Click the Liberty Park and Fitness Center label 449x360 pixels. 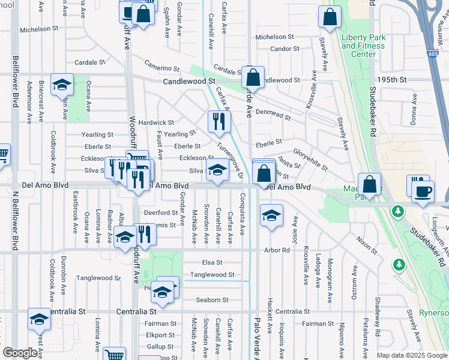click(x=363, y=46)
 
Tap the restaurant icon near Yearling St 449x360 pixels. click(x=219, y=122)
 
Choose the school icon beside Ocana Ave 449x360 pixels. click(x=62, y=85)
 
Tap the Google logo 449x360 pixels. click(x=21, y=353)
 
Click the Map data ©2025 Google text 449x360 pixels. click(x=411, y=355)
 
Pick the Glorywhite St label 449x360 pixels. click(x=310, y=159)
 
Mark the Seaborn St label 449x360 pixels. click(x=212, y=300)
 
